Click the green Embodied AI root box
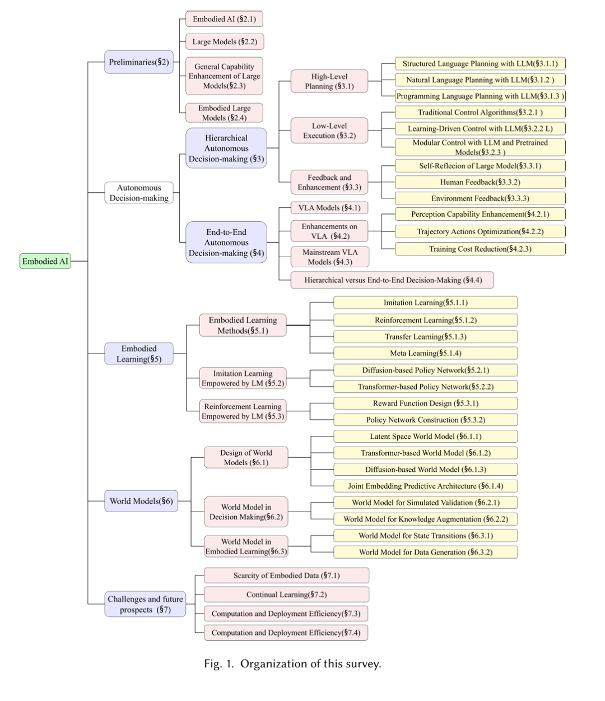coord(45,261)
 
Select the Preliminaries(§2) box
coord(139,62)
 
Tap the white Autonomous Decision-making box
coord(139,193)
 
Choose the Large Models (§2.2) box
coord(225,41)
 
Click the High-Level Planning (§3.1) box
coord(329,81)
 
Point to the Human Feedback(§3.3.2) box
coord(480,182)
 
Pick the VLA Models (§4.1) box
coord(329,207)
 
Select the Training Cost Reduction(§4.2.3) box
coord(480,249)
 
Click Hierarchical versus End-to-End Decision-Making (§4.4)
coord(392,280)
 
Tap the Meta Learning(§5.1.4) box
coord(425,353)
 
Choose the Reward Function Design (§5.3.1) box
coord(425,403)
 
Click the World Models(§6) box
coord(141,501)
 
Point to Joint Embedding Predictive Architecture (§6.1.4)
coord(425,486)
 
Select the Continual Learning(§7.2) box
coord(286,595)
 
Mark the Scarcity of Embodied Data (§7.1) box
coord(286,575)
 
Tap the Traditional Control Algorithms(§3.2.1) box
coord(480,112)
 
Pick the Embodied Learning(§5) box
coord(139,354)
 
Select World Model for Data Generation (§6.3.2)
coord(425,552)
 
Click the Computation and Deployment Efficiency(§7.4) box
coord(286,633)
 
